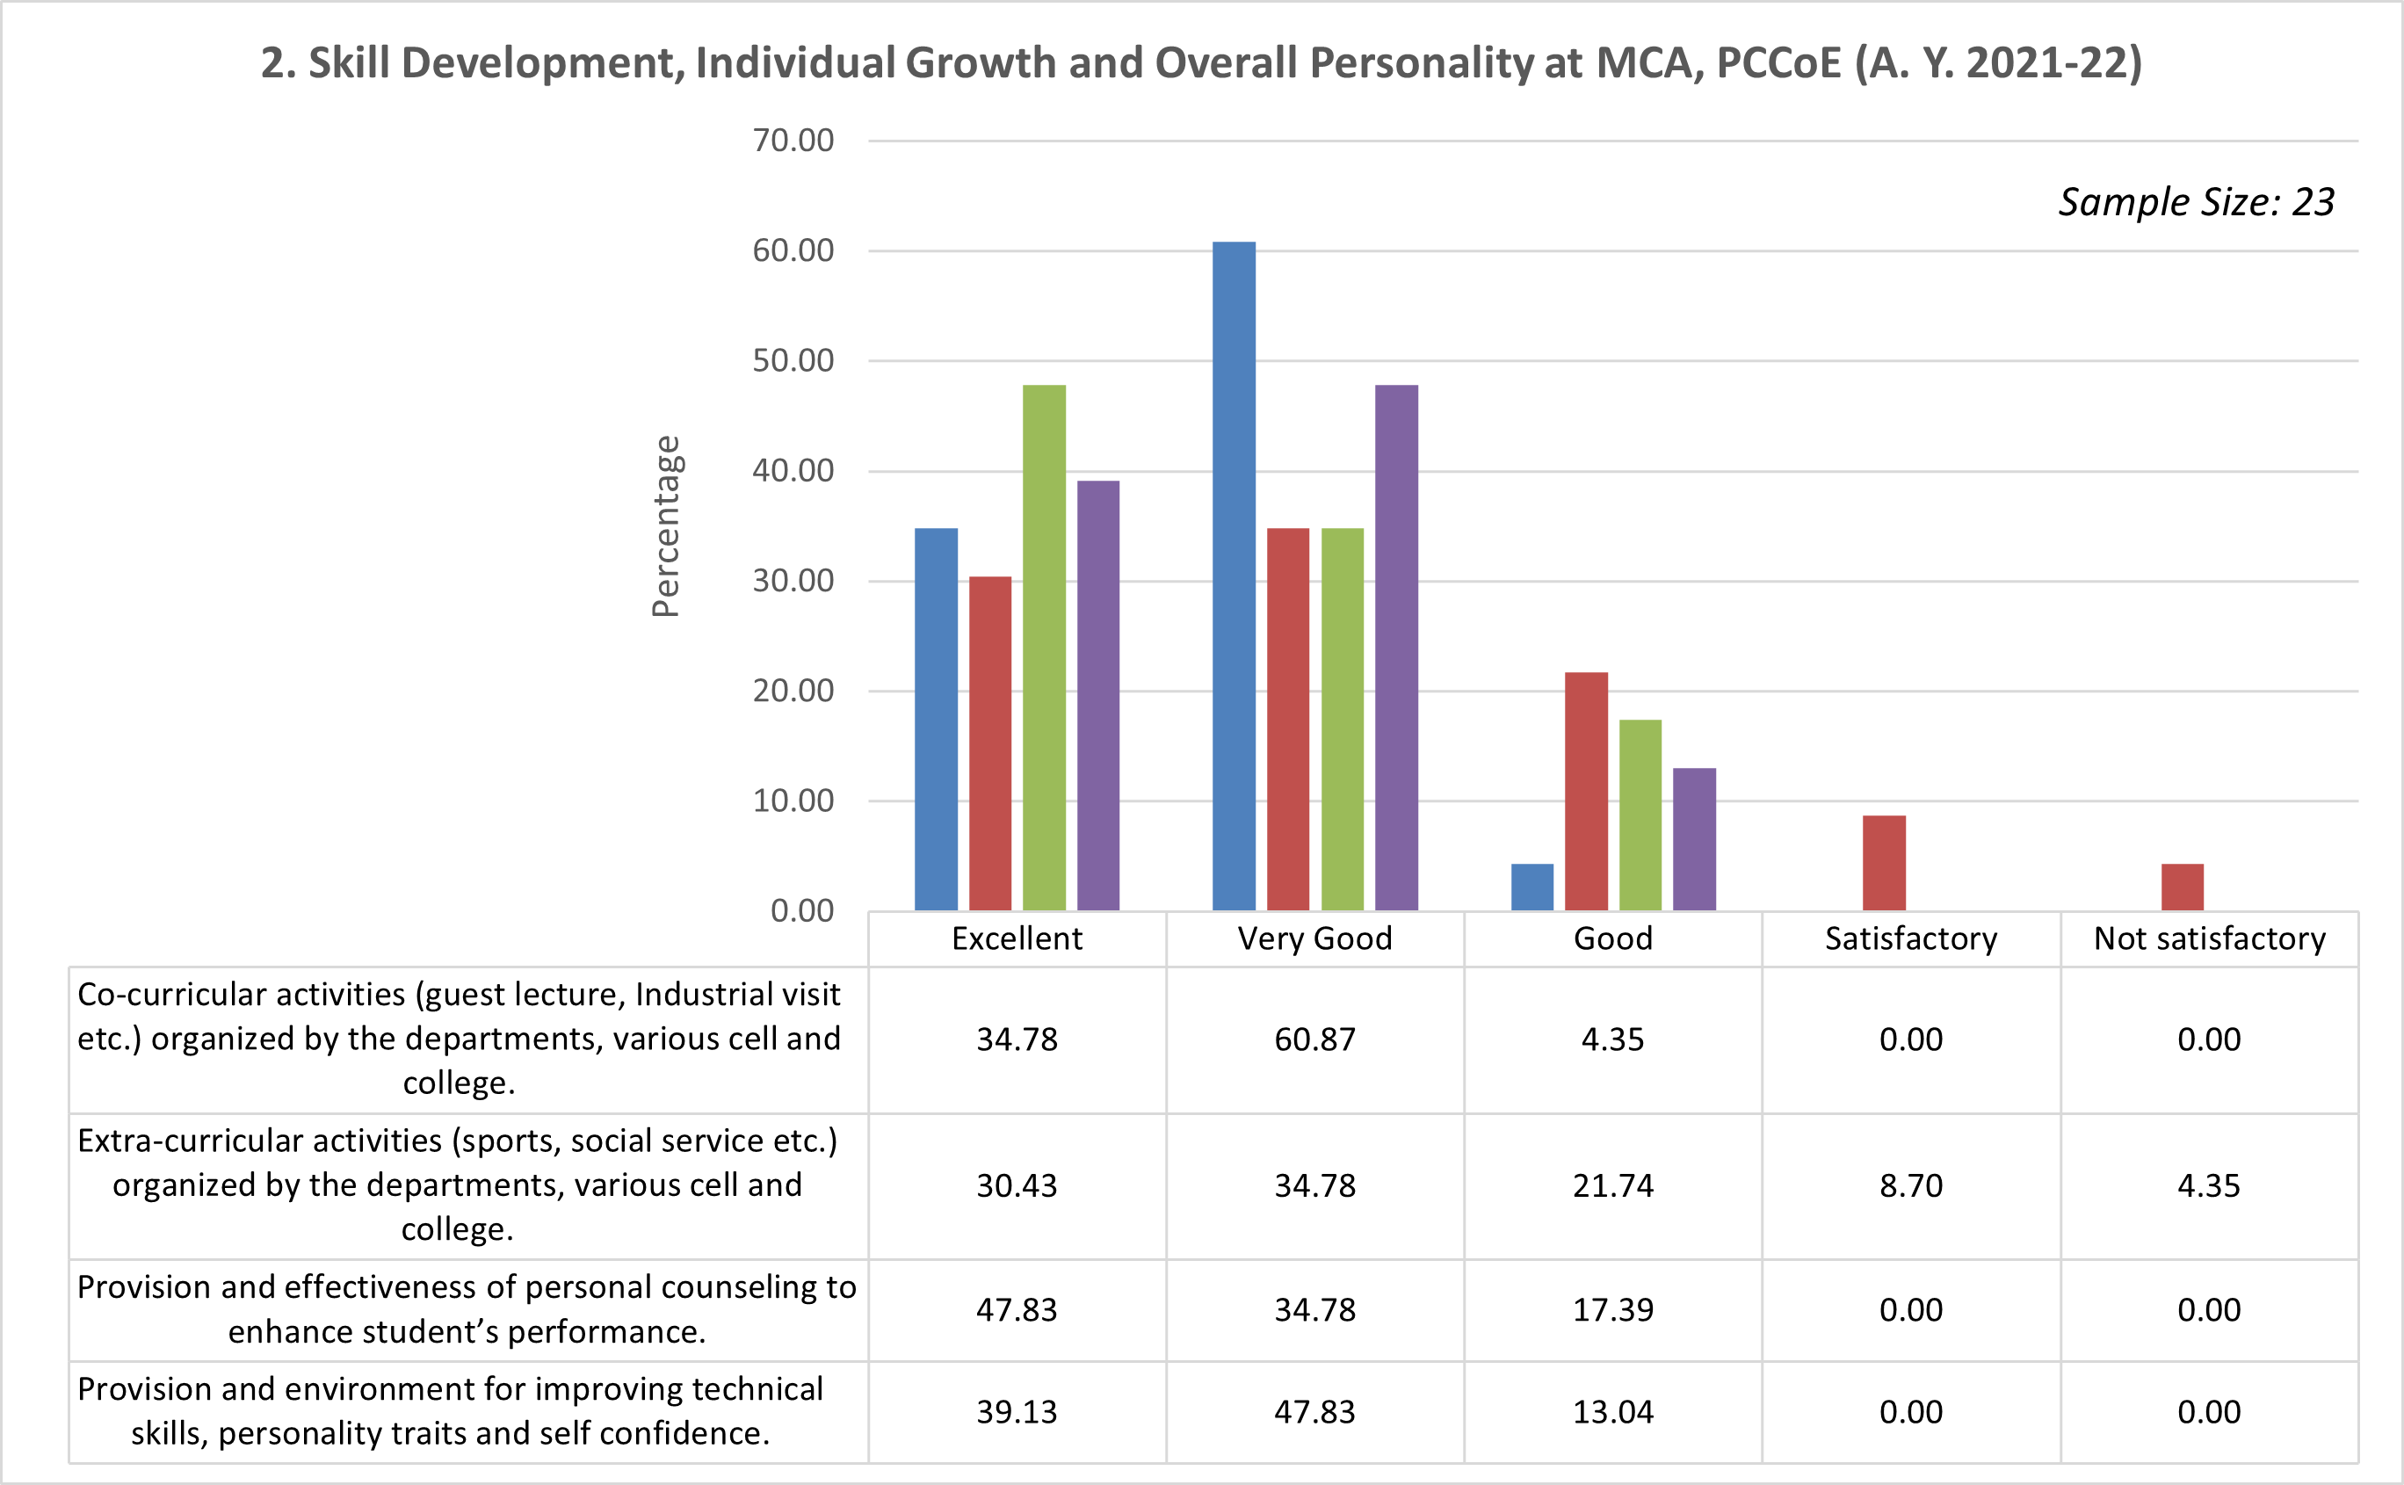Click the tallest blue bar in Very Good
pyautogui.click(x=1234, y=576)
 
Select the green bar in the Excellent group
pyautogui.click(x=1044, y=648)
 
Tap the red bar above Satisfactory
pyautogui.click(x=1884, y=862)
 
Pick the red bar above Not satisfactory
pyautogui.click(x=2182, y=887)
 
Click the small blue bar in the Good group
pyautogui.click(x=1532, y=887)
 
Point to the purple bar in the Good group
pyautogui.click(x=1694, y=839)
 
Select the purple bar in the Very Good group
pyautogui.click(x=1396, y=648)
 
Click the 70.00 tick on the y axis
pyautogui.click(x=793, y=141)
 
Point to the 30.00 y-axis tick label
pyautogui.click(x=793, y=581)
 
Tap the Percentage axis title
pyautogui.click(x=666, y=526)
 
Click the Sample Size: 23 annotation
pyautogui.click(x=2196, y=202)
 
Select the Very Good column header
pyautogui.click(x=1315, y=939)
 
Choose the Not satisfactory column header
pyautogui.click(x=2210, y=939)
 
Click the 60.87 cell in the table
pyautogui.click(x=1315, y=1039)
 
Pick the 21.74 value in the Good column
pyautogui.click(x=1612, y=1185)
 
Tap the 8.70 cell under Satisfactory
pyautogui.click(x=1911, y=1185)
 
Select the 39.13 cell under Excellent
pyautogui.click(x=1017, y=1411)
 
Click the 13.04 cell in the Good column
pyautogui.click(x=1612, y=1411)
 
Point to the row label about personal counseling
pyautogui.click(x=467, y=1309)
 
